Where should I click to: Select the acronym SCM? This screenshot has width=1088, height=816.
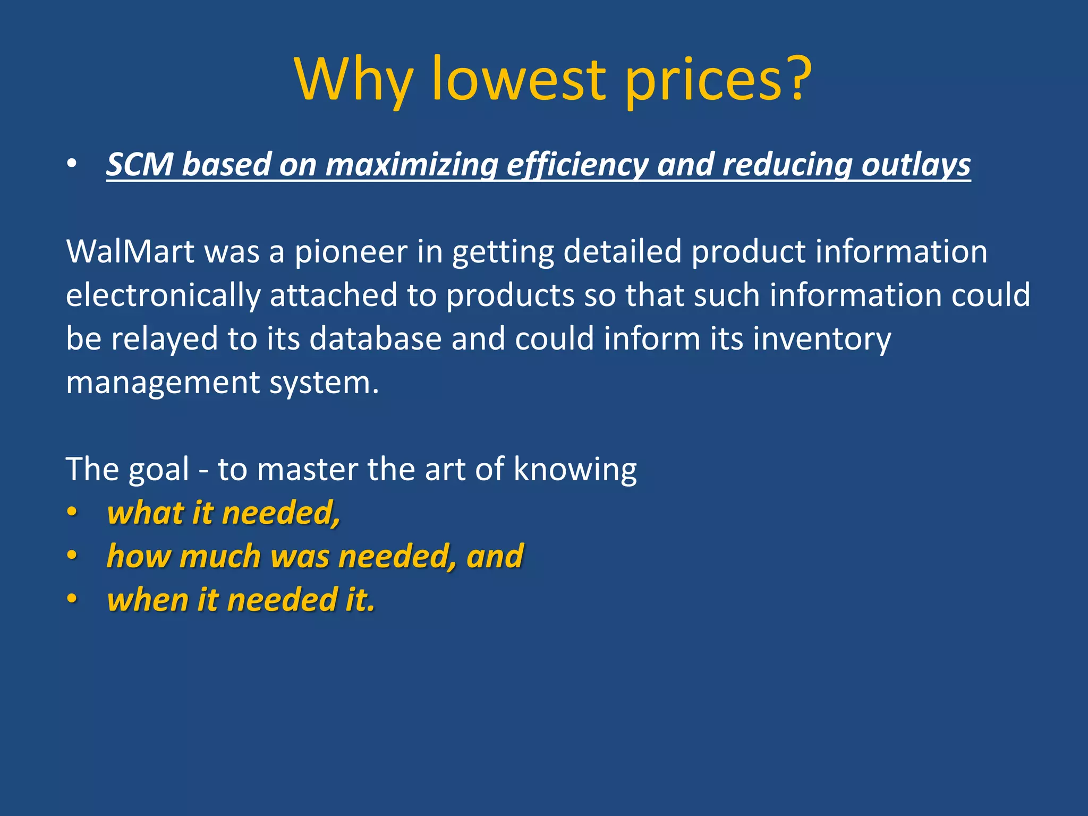tap(140, 164)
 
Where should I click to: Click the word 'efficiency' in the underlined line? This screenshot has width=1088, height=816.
tap(577, 165)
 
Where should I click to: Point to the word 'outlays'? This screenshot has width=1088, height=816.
tap(916, 165)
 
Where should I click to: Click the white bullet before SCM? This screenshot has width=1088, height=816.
tap(72, 164)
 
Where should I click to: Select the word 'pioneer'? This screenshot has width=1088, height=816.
tap(351, 252)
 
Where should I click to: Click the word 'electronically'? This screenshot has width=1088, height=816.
tap(163, 296)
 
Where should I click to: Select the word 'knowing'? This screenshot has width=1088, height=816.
tap(575, 470)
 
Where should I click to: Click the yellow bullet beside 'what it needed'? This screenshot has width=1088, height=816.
tap(72, 513)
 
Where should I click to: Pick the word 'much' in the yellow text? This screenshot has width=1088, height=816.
tap(220, 556)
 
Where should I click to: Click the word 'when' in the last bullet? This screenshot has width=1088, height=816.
tap(147, 600)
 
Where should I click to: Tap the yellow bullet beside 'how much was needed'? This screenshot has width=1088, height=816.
tap(72, 556)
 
